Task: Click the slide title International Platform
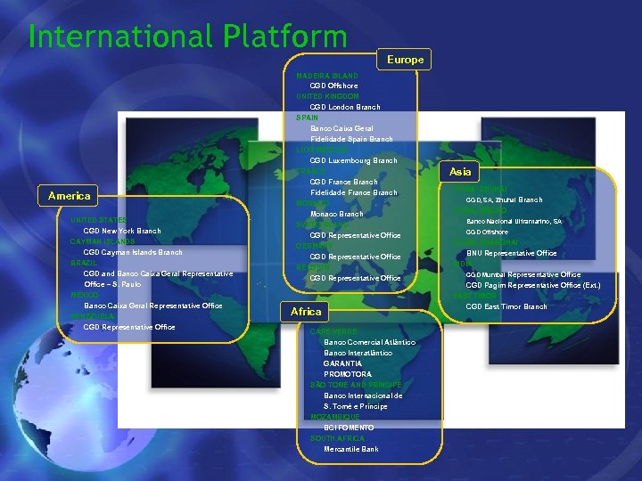[x=187, y=37]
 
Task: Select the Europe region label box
[x=405, y=60]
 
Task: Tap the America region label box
[x=70, y=196]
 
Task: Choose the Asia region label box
[x=460, y=171]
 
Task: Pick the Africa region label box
[x=306, y=312]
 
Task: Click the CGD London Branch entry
[x=344, y=107]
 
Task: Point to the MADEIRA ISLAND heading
[x=327, y=76]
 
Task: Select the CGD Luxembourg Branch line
[x=353, y=160]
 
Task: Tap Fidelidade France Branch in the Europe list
[x=353, y=192]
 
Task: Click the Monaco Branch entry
[x=336, y=214]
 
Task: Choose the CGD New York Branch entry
[x=121, y=231]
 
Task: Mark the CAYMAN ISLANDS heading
[x=103, y=241]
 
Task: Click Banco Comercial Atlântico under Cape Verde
[x=369, y=342]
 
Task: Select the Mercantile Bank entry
[x=350, y=449]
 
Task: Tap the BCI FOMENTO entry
[x=349, y=428]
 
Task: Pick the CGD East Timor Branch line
[x=506, y=306]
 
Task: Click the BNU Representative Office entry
[x=511, y=253]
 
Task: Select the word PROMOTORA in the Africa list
[x=348, y=374]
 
